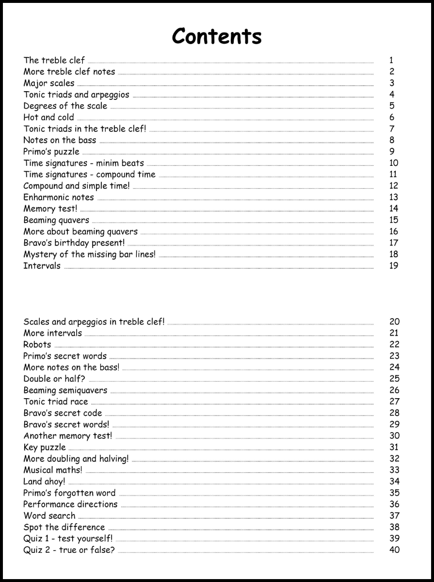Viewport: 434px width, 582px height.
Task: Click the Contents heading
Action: point(217,36)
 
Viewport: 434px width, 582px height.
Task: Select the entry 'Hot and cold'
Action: point(48,117)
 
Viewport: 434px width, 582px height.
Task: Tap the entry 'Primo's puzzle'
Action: point(51,152)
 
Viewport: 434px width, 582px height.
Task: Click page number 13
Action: point(393,197)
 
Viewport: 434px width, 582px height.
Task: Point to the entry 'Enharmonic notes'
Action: point(59,197)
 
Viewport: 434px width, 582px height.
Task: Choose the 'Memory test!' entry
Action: point(50,209)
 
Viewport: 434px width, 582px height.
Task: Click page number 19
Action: point(393,266)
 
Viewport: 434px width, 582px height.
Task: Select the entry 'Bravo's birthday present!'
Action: point(74,243)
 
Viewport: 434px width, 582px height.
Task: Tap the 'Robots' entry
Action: point(37,345)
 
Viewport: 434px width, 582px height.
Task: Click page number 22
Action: point(394,344)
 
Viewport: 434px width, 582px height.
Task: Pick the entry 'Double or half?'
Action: point(54,379)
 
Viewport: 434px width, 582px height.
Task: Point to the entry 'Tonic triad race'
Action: point(56,402)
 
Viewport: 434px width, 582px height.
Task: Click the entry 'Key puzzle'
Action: point(45,447)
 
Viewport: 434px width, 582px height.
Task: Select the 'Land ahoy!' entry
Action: point(44,482)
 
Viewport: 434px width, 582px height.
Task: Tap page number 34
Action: point(394,481)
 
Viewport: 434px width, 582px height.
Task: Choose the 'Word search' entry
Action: point(49,516)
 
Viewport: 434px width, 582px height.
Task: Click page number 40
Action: point(394,550)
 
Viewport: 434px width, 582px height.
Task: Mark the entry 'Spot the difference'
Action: point(64,527)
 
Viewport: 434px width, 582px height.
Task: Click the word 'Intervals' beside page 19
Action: point(42,266)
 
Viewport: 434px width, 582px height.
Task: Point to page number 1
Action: point(391,61)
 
